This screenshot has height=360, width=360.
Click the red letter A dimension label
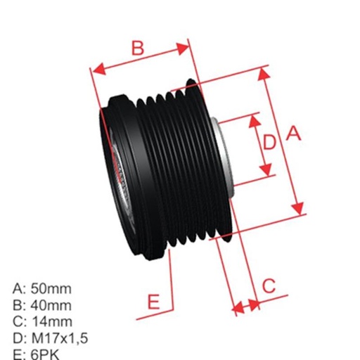click(293, 132)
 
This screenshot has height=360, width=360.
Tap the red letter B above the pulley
click(138, 48)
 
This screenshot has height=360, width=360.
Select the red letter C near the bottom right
click(269, 285)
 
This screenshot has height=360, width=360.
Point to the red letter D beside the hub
click(269, 143)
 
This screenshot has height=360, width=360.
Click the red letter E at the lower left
click(154, 302)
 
